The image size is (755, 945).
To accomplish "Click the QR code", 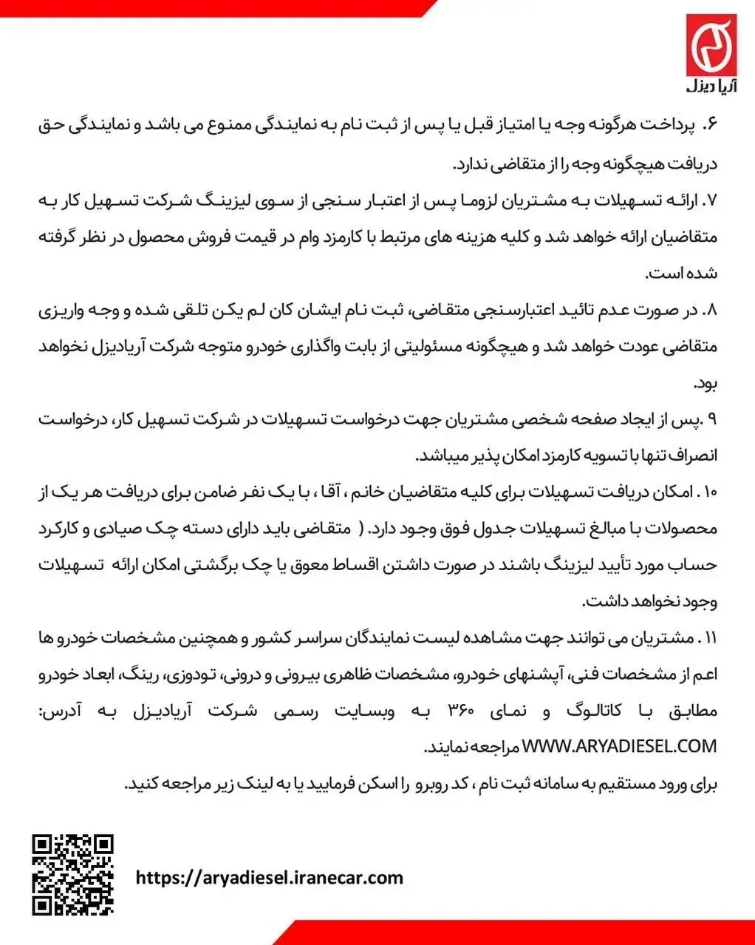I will (73, 875).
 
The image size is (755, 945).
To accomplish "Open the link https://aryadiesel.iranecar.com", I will (270, 878).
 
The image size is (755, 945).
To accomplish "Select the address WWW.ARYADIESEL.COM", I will (620, 747).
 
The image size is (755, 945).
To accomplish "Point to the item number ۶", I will (711, 126).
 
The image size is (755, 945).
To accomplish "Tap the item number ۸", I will (711, 311).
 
